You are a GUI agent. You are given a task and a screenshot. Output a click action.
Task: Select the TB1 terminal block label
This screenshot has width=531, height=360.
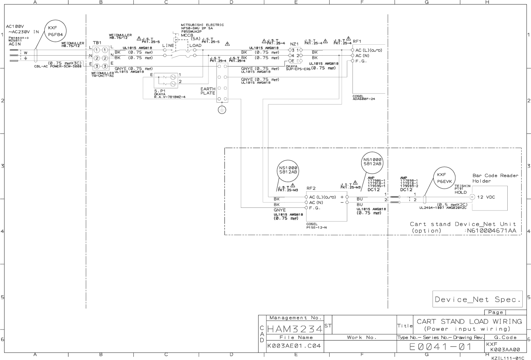(x=97, y=43)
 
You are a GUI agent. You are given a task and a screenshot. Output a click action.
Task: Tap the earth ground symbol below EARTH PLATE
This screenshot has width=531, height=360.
(x=222, y=110)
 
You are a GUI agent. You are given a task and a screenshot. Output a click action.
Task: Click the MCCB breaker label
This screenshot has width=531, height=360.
(x=187, y=35)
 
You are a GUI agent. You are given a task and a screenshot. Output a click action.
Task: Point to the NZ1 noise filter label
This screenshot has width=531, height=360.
(x=294, y=44)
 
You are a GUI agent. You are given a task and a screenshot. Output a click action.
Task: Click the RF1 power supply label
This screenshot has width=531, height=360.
(x=357, y=41)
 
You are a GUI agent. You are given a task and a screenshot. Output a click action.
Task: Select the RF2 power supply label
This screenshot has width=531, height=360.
(x=311, y=188)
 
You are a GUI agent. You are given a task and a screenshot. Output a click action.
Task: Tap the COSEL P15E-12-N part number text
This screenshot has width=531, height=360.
(x=316, y=225)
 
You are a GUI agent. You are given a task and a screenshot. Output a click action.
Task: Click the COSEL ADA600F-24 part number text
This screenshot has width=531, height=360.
(x=363, y=98)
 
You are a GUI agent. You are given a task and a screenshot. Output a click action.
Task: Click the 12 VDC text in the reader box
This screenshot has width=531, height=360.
(x=486, y=197)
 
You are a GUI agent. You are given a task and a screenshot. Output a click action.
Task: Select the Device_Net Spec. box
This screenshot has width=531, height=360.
(x=477, y=299)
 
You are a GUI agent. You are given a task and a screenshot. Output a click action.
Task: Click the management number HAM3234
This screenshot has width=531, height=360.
(x=295, y=329)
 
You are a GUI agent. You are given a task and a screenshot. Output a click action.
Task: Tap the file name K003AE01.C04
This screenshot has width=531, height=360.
(x=294, y=346)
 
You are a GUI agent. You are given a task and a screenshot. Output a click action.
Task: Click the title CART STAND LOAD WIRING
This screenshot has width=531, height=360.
(x=469, y=321)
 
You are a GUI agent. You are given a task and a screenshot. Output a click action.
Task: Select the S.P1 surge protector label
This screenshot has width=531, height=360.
(x=160, y=91)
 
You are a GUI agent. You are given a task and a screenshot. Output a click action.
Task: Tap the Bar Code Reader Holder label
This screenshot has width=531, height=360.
(x=495, y=178)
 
